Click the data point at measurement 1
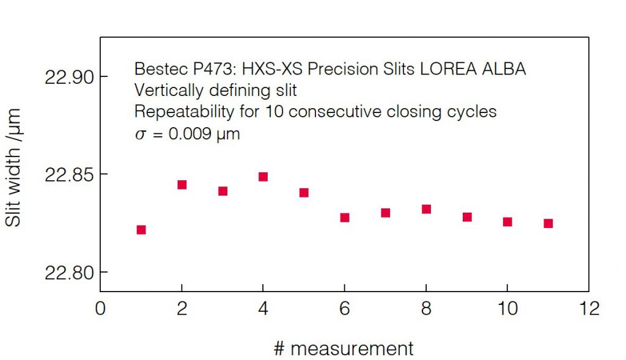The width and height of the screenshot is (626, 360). pyautogui.click(x=141, y=230)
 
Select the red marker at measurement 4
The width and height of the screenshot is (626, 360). pyautogui.click(x=263, y=177)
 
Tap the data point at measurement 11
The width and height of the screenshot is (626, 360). pyautogui.click(x=548, y=224)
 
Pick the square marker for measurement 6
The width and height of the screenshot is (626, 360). pyautogui.click(x=345, y=218)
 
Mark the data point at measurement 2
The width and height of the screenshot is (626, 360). pyautogui.click(x=182, y=185)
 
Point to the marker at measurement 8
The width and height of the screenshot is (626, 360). pyautogui.click(x=426, y=209)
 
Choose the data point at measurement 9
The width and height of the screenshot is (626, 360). pyautogui.click(x=467, y=217)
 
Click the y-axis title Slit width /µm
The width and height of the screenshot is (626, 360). pyautogui.click(x=13, y=168)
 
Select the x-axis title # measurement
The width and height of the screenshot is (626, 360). pyautogui.click(x=344, y=348)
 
